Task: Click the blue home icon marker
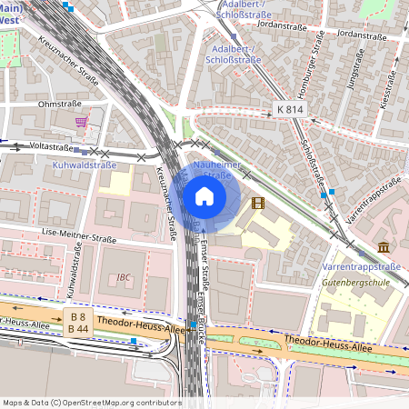[204, 196]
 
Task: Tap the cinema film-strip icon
[258, 203]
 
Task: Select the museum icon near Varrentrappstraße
[384, 246]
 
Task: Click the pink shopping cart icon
[82, 121]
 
